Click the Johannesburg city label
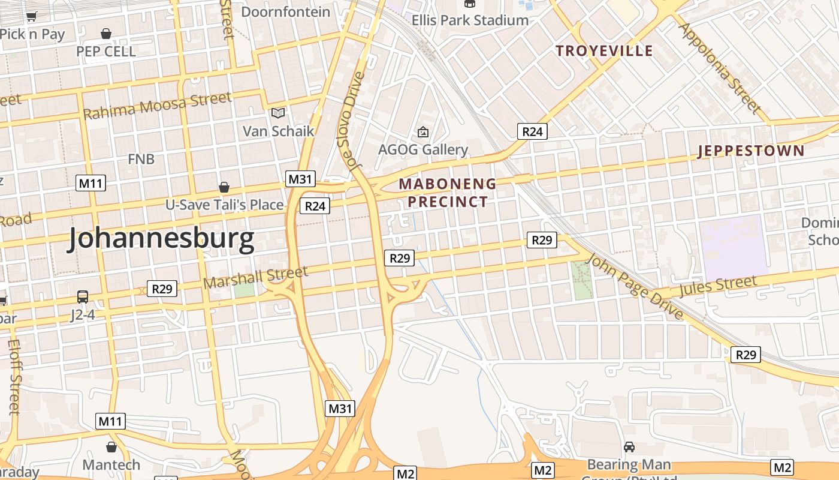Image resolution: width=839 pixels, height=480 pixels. pos(161,239)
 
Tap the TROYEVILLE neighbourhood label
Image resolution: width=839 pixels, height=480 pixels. pos(603,50)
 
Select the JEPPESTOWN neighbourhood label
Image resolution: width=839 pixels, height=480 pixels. pos(751,151)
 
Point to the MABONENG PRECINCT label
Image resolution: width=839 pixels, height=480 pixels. pos(448,193)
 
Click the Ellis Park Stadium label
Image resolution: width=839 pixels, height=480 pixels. pos(470,20)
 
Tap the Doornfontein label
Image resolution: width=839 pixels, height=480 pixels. pos(285,11)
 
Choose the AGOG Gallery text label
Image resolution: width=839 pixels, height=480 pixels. pos(422,149)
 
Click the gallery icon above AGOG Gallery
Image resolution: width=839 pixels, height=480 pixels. pos(422,131)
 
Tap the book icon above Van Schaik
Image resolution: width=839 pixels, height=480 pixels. pos(277,113)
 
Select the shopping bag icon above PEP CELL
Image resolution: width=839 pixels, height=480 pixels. pos(106,34)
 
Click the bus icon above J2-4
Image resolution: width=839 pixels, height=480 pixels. pos(83,297)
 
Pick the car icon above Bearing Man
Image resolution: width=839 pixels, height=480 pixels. pos(629,447)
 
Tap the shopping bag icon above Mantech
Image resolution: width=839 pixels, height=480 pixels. pos(111,447)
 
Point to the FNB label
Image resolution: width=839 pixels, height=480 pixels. pos(141,159)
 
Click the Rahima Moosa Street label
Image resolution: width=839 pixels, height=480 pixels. pos(157,106)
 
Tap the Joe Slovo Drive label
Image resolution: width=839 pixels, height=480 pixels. pos(351,120)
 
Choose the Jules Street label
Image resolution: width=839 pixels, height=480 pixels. pos(718,286)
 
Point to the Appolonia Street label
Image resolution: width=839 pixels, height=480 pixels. pos(720,67)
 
